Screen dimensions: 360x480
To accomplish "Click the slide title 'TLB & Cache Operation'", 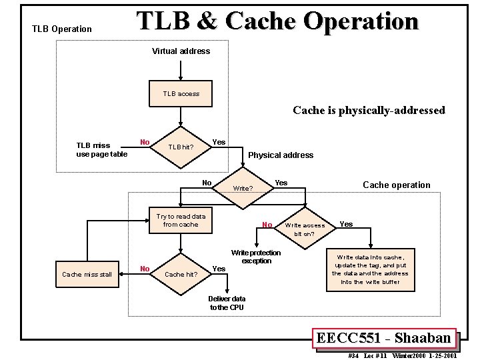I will coord(277,21).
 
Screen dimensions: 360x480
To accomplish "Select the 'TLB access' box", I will coord(181,94).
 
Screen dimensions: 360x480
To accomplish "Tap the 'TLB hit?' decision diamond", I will coord(181,147).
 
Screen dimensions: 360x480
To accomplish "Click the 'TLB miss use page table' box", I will coord(101,149).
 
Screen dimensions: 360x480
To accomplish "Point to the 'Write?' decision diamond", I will coord(243,188).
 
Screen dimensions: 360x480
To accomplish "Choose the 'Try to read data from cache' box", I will coord(181,221).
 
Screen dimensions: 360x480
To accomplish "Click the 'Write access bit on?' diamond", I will coord(305,229).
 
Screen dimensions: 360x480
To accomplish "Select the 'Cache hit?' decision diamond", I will coord(181,274).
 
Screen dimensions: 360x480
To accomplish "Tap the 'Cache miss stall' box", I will coord(87,274).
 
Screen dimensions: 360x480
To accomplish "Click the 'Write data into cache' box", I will coord(370,269).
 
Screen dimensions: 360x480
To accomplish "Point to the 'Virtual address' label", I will coord(181,51).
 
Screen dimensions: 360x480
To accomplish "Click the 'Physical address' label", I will coord(281,155).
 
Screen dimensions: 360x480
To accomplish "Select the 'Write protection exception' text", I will coord(256,257).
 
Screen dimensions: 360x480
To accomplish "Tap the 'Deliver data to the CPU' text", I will coord(227,303).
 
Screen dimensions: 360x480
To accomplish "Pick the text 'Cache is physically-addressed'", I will coord(369,111).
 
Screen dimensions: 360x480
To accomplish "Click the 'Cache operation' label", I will coord(396,185).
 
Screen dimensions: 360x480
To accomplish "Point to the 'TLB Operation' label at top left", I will coord(62,29).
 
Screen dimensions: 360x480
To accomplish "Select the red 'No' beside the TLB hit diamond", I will coord(144,141).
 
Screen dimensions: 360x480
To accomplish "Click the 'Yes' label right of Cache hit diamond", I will coord(218,269).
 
